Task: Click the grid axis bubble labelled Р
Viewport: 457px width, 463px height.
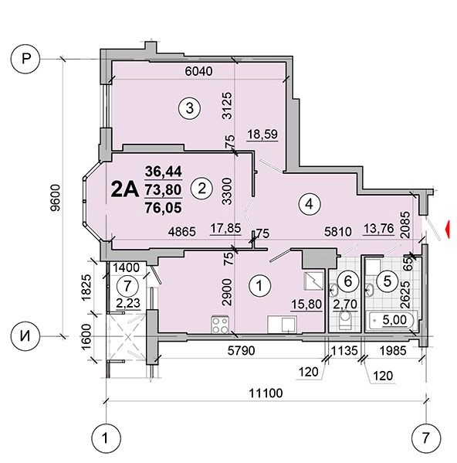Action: [x=25, y=59]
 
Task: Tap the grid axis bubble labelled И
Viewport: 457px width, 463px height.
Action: [x=25, y=336]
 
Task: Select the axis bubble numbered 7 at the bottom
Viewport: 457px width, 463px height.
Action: [x=426, y=437]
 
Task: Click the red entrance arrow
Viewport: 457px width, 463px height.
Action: [x=448, y=229]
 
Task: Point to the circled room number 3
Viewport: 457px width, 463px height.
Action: [x=190, y=108]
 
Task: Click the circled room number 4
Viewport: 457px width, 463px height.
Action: [x=310, y=204]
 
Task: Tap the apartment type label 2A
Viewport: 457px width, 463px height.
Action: [x=124, y=189]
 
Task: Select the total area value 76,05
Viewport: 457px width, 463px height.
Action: [x=164, y=208]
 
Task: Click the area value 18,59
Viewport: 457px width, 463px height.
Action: [x=262, y=134]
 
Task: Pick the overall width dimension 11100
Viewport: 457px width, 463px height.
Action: [x=266, y=393]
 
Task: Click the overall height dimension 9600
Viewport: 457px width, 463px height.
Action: [x=55, y=198]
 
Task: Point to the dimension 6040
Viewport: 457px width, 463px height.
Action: [x=198, y=71]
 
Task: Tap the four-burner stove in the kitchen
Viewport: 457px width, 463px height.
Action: [x=220, y=325]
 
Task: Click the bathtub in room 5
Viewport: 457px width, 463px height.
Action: [x=391, y=320]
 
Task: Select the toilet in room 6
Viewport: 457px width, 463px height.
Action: [x=344, y=320]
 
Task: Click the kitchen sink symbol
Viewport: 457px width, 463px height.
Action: [x=283, y=325]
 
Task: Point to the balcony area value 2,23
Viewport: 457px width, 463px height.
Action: [x=128, y=303]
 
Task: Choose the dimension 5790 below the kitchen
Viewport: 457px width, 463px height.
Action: [x=241, y=350]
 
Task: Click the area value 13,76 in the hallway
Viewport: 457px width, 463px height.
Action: [x=379, y=229]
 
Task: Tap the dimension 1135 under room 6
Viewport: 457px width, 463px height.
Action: [x=344, y=350]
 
